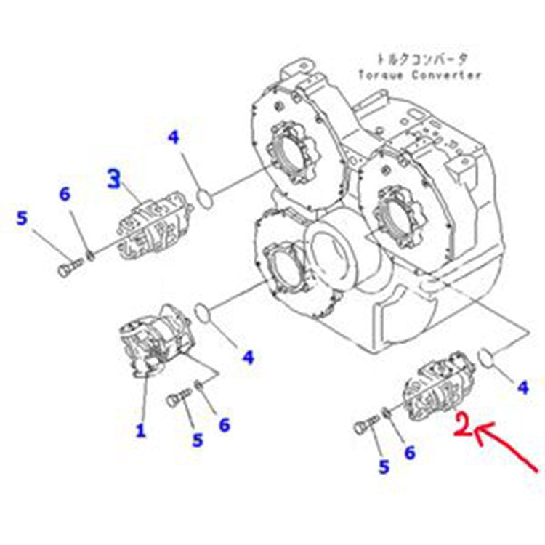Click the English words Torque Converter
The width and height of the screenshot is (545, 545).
click(419, 75)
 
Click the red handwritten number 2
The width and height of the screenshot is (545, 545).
click(463, 424)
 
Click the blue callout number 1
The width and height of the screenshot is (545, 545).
click(140, 430)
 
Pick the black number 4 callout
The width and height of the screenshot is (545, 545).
click(173, 137)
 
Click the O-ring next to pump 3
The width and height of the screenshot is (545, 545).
click(206, 196)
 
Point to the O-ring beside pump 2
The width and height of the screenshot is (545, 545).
click(489, 357)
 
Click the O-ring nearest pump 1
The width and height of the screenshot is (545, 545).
click(207, 313)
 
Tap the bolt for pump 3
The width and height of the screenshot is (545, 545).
click(68, 268)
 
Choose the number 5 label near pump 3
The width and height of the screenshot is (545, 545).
click(23, 217)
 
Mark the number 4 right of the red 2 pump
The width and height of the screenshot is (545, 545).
click(522, 388)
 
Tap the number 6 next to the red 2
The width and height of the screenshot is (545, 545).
click(410, 452)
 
